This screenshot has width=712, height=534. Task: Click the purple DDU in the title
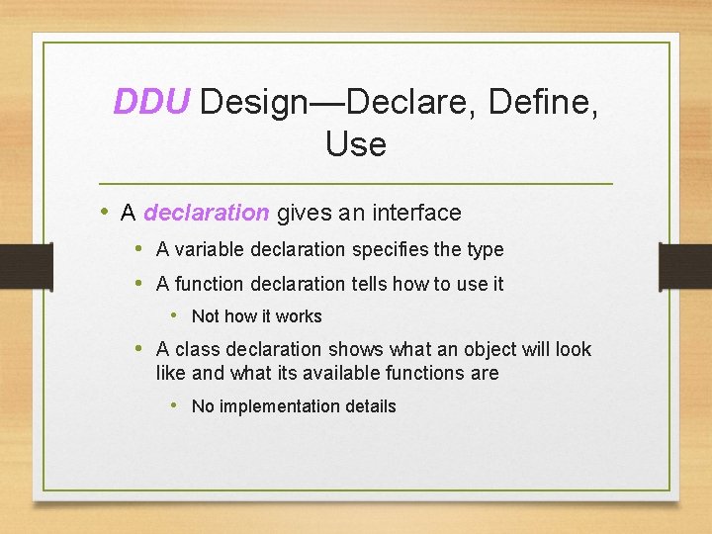point(151,101)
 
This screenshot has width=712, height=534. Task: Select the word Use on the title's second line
point(355,144)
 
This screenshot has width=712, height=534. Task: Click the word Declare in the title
point(413,101)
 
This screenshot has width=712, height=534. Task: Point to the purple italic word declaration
point(206,213)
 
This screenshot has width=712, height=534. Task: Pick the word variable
point(210,250)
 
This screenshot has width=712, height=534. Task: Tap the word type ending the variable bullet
point(485,250)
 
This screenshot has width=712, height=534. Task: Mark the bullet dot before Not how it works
point(173,316)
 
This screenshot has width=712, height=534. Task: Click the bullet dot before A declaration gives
point(105,213)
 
